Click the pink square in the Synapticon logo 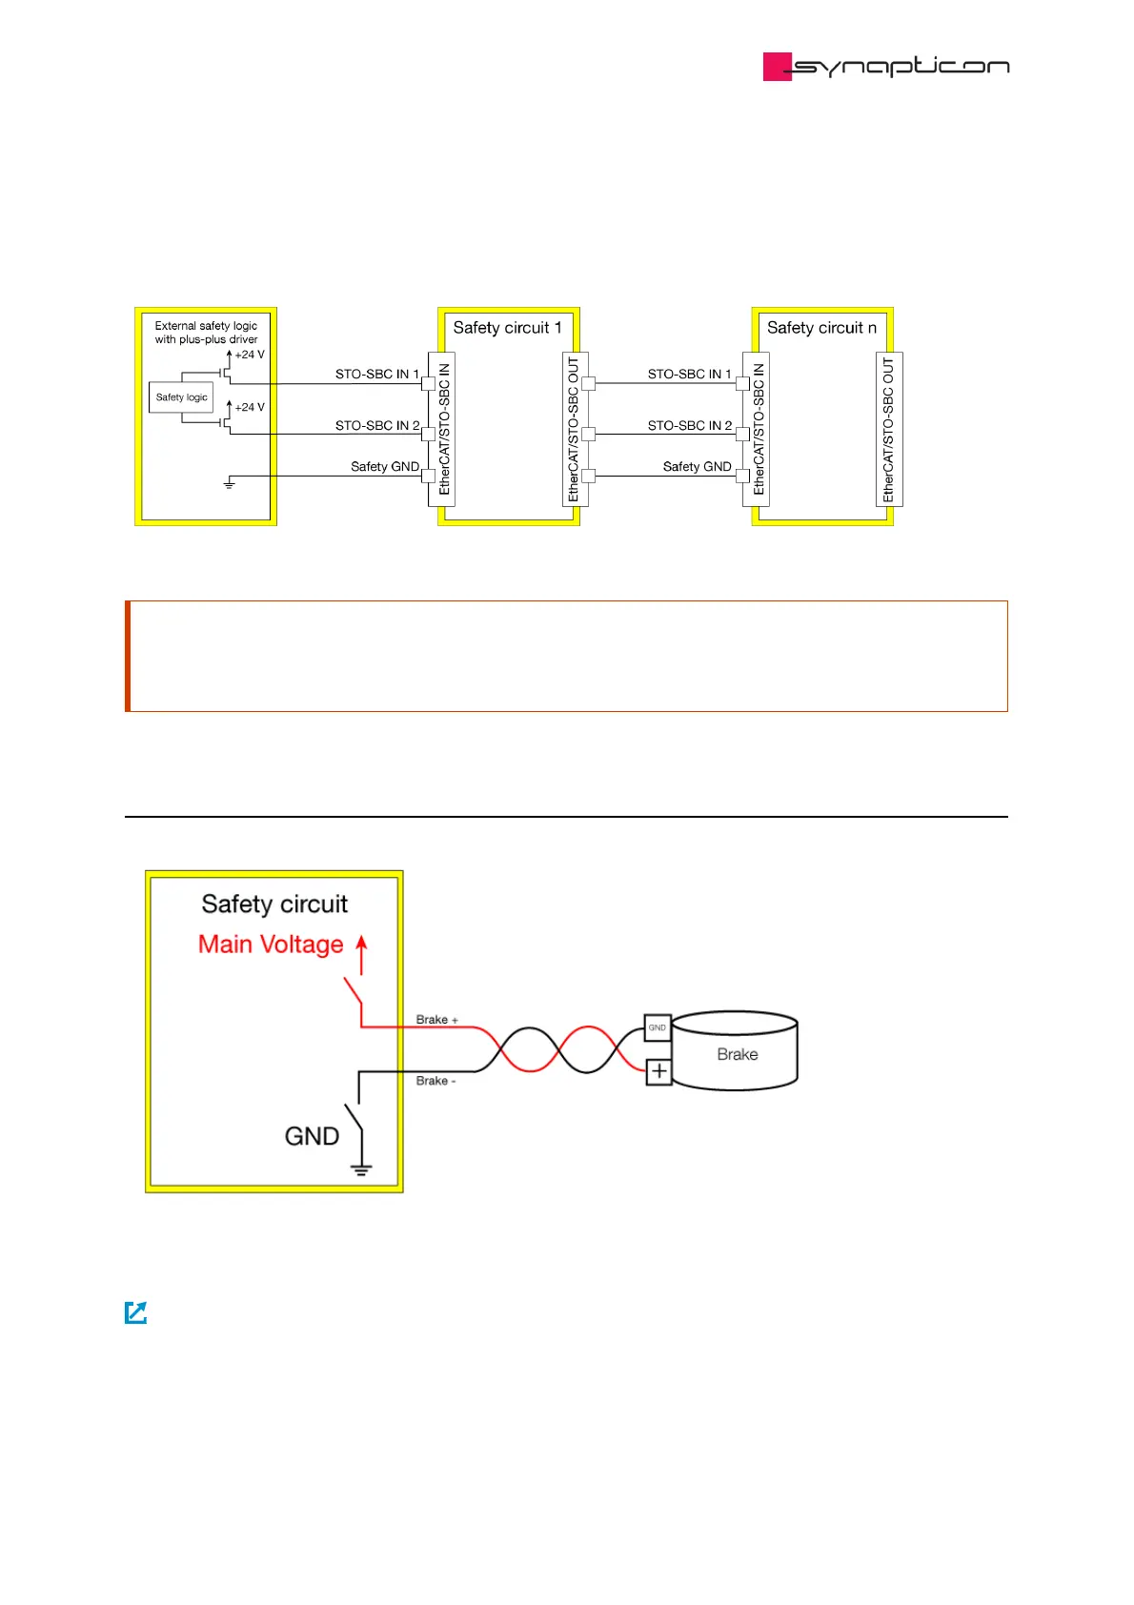777,67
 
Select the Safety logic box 181,397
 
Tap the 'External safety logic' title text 206,326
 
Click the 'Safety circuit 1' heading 507,328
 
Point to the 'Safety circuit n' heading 821,328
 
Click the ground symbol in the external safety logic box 229,484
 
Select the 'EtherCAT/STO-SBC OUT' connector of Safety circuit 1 574,429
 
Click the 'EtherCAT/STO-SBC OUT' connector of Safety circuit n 888,429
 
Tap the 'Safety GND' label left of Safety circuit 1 384,467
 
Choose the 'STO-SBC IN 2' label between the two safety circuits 690,426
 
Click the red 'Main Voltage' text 271,945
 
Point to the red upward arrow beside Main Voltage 361,953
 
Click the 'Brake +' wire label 436,1020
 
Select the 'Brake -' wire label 435,1081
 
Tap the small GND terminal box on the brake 658,1027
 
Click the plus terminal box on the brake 658,1071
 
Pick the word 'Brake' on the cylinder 738,1054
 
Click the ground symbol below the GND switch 361,1169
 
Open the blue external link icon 136,1312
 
